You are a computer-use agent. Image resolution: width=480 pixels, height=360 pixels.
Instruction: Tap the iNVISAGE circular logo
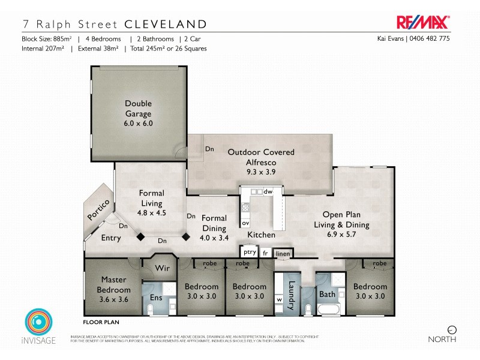37,322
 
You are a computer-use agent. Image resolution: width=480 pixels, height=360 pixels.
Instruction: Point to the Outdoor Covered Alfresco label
261,157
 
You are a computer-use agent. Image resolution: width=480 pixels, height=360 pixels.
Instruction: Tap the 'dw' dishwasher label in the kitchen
268,192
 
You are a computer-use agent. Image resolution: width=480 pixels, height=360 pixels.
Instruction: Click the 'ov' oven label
245,223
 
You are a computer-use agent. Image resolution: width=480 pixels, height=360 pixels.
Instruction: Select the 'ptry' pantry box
250,252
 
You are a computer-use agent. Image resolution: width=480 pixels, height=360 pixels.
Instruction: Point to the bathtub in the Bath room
328,310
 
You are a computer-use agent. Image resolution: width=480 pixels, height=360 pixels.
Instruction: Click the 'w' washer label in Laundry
279,299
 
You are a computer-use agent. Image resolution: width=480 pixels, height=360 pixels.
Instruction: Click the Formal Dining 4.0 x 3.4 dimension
214,237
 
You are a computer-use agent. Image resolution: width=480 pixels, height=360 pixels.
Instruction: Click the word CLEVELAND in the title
166,25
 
